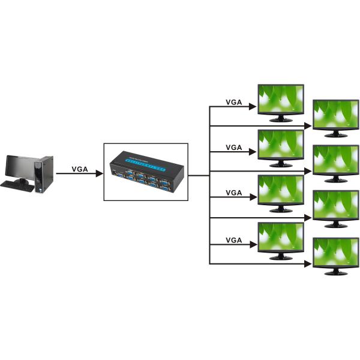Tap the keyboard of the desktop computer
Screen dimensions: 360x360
click(x=17, y=185)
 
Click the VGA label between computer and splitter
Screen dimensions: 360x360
click(x=80, y=169)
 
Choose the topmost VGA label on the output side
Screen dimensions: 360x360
click(x=233, y=102)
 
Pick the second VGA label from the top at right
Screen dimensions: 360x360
click(x=233, y=147)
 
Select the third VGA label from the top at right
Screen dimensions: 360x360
click(x=233, y=193)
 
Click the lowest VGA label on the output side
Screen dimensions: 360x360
click(x=233, y=240)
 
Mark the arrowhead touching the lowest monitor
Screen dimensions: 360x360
click(x=310, y=264)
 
